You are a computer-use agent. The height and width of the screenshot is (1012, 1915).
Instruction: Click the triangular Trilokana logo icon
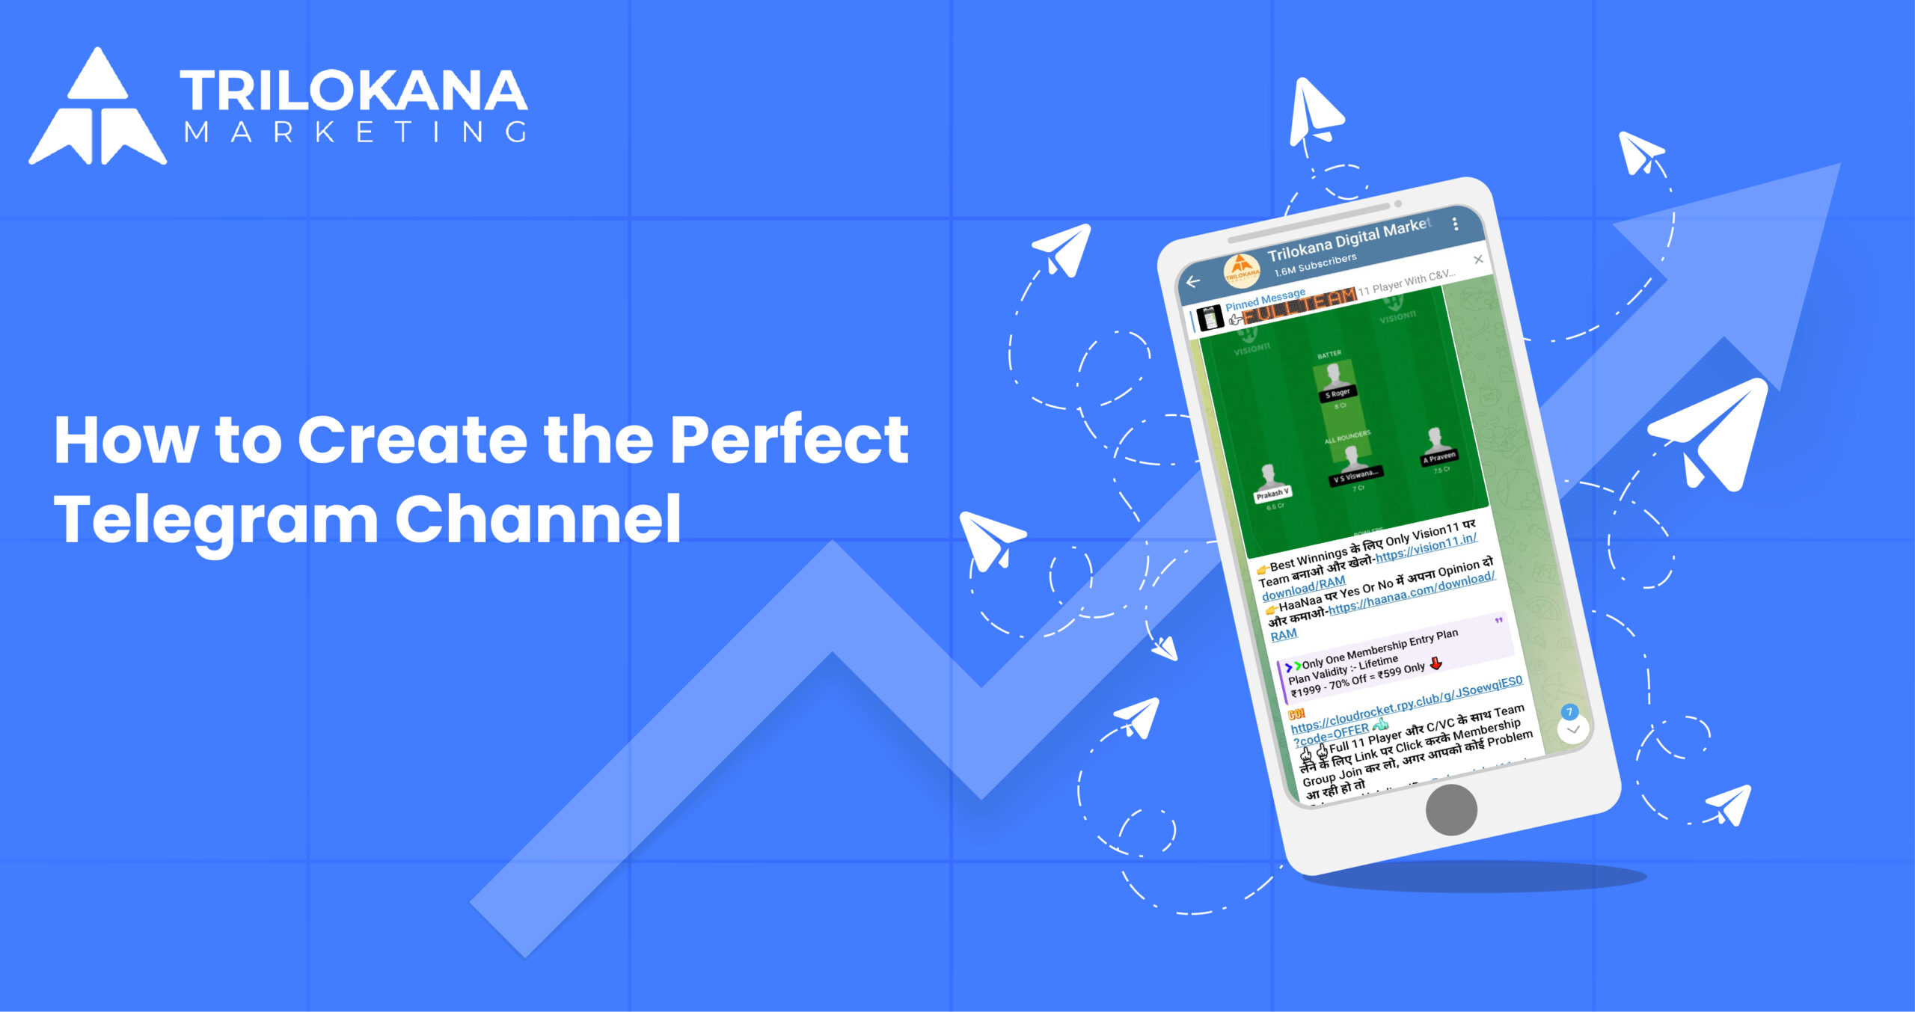[x=97, y=108]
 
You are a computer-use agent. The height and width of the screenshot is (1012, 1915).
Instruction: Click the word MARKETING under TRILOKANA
[x=356, y=132]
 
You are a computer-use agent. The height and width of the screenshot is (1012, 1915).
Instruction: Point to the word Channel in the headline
[x=538, y=519]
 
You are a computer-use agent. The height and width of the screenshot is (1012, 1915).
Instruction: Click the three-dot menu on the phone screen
[x=1455, y=224]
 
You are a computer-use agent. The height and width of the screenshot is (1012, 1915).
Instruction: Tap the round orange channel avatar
[x=1241, y=270]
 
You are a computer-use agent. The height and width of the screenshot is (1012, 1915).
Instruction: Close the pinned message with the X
[x=1478, y=260]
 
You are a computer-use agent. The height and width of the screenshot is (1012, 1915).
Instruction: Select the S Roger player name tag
[x=1338, y=393]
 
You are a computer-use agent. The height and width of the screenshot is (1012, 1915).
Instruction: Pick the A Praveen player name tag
[x=1439, y=457]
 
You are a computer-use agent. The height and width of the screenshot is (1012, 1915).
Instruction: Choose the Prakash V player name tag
[x=1272, y=494]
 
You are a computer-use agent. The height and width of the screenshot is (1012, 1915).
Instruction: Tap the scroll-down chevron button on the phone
[x=1573, y=729]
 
